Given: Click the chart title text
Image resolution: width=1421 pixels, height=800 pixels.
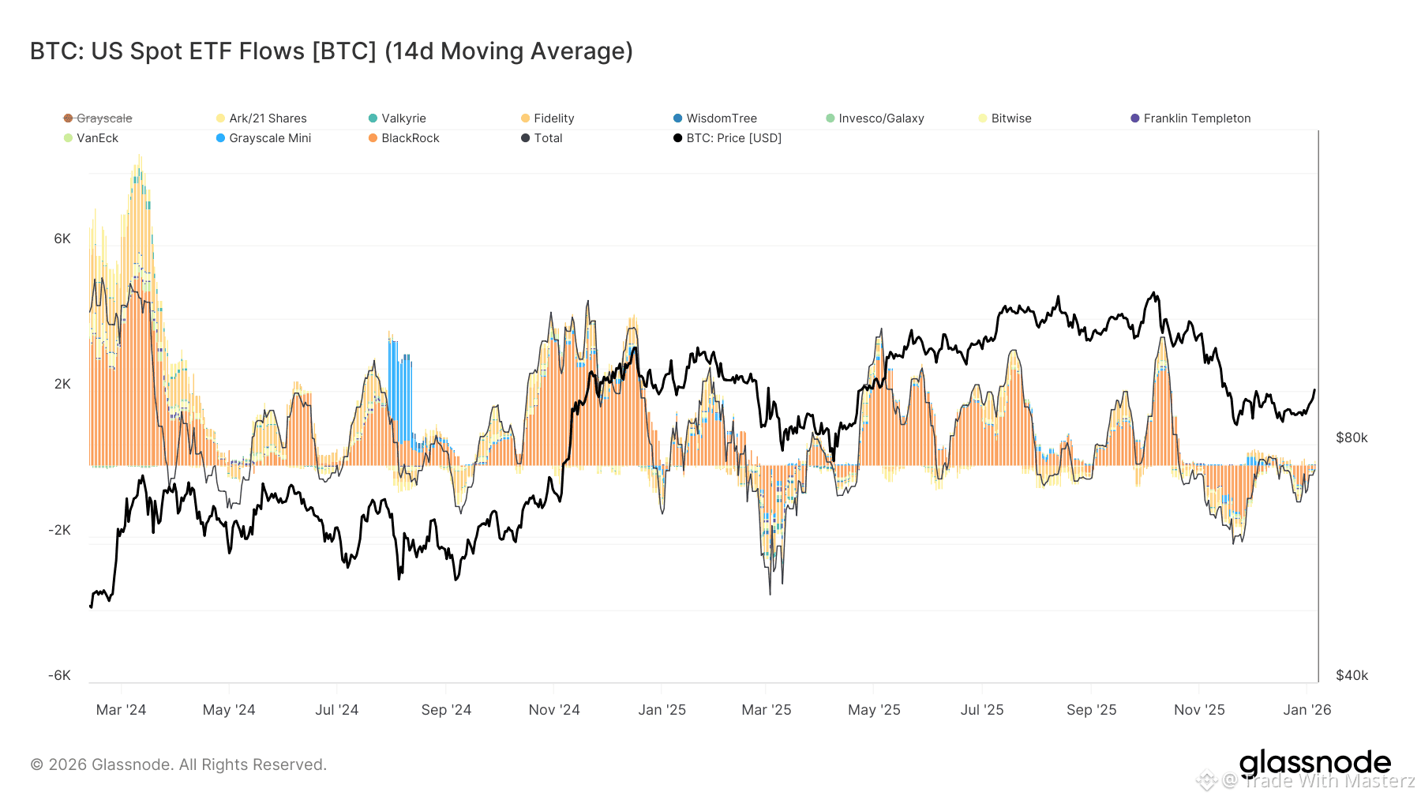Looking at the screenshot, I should click(x=332, y=51).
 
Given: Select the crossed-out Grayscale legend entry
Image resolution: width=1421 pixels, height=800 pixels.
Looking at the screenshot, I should click(x=98, y=118).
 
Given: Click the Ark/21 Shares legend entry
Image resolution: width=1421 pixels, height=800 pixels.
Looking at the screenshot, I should click(x=261, y=118).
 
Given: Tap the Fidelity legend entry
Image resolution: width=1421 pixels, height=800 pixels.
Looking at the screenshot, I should click(x=548, y=118).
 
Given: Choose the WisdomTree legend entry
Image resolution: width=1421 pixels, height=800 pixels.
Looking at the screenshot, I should click(x=715, y=118).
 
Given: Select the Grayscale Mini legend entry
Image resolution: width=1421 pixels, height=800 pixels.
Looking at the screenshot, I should click(x=264, y=138).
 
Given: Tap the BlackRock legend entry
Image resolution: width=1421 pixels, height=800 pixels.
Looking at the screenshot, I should click(x=404, y=138).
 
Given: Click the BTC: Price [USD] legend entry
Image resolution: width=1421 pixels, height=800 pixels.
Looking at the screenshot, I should click(x=727, y=138).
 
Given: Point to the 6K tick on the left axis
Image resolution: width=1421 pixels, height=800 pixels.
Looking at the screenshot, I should click(x=62, y=238).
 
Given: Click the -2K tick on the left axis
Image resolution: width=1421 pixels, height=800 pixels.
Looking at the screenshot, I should click(x=60, y=530).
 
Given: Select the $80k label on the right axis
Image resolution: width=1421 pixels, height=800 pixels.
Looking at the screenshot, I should click(x=1352, y=438).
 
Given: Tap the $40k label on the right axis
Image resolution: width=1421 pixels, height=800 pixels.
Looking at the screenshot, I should click(x=1352, y=675).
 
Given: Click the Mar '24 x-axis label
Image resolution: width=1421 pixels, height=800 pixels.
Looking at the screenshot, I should click(x=121, y=710).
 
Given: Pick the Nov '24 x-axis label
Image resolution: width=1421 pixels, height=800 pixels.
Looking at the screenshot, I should click(x=554, y=710).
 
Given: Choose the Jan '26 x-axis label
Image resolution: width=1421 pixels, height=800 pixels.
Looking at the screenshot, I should click(x=1307, y=710).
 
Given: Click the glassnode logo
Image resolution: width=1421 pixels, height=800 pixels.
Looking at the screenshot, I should click(x=1314, y=764).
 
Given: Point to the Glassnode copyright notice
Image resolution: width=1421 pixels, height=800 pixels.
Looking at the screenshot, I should click(x=178, y=764).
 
